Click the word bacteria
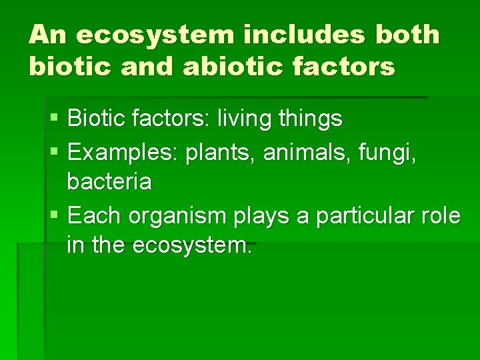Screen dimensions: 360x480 pyautogui.click(x=109, y=182)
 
